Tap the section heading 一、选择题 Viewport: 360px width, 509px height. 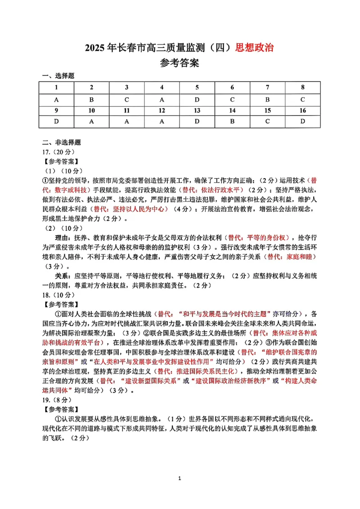(x=58, y=76)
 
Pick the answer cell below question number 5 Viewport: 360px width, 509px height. (x=197, y=99)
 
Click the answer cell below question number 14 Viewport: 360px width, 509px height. (x=232, y=122)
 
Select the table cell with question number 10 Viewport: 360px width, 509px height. (x=92, y=111)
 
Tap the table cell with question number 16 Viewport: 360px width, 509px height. (x=303, y=111)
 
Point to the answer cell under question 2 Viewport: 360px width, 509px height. (x=92, y=99)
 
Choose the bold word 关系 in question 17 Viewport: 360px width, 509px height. (x=64, y=276)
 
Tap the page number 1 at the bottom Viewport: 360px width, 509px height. (x=180, y=491)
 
